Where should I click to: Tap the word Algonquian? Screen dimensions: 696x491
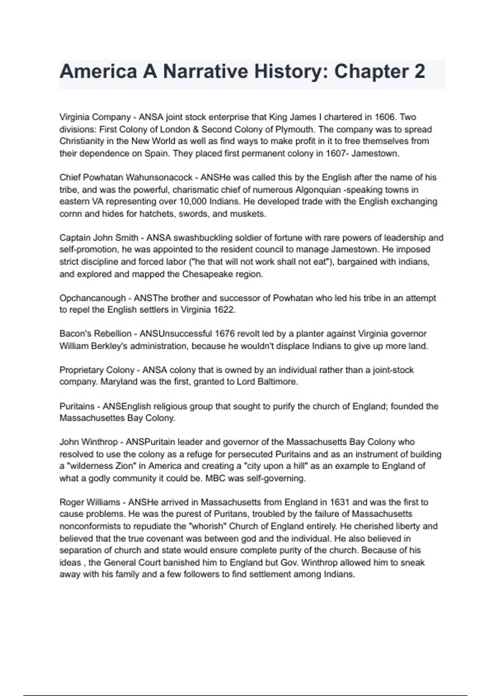point(318,190)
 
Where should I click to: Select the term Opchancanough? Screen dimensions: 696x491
point(92,298)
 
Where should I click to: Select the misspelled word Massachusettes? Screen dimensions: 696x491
point(92,418)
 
